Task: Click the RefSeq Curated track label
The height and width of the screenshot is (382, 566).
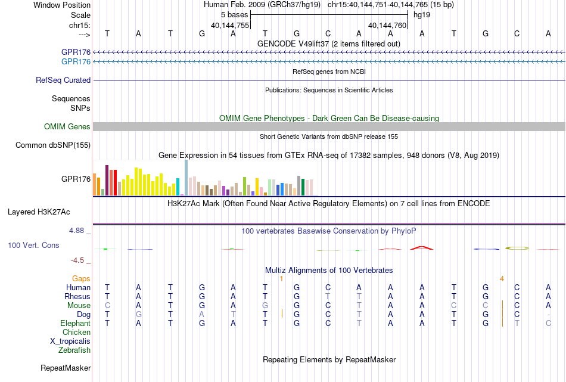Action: (63, 80)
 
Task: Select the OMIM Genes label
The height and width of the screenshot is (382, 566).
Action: (67, 127)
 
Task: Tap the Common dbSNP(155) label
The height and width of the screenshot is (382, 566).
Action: (53, 145)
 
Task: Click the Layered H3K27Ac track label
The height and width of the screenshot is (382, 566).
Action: (39, 212)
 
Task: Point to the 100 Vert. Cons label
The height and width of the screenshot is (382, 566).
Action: (33, 245)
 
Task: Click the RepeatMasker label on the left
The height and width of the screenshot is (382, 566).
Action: (66, 368)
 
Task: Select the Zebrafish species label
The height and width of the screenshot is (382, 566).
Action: (74, 350)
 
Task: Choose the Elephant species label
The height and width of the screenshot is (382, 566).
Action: (76, 323)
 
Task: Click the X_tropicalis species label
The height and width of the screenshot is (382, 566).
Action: (70, 341)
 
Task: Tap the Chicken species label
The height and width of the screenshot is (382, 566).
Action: (76, 332)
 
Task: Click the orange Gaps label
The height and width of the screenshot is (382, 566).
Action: (81, 279)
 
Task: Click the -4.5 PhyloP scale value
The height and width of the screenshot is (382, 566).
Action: (77, 260)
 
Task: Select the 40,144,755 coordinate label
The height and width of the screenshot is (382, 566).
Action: (230, 25)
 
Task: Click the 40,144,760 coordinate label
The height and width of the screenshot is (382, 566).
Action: (387, 25)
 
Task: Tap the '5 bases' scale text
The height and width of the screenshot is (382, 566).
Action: (235, 15)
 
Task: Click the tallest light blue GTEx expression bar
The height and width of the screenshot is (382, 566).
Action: (186, 177)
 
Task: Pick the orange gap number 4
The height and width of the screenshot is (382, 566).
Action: (502, 279)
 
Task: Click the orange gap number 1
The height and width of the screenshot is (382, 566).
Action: (282, 279)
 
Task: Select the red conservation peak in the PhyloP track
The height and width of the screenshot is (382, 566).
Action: (422, 248)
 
